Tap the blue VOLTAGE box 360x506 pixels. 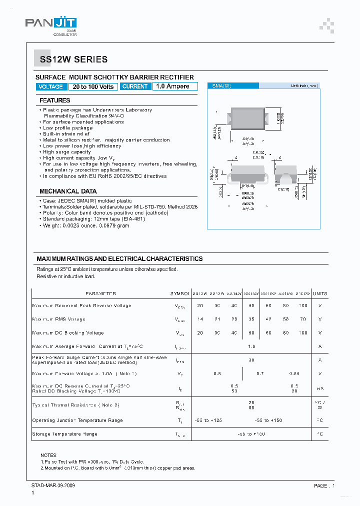50,86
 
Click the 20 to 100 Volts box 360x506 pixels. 93,86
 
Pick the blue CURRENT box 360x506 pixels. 135,86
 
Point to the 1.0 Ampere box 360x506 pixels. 172,86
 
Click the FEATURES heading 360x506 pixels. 55,100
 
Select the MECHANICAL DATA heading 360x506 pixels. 68,191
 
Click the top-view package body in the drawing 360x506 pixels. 248,120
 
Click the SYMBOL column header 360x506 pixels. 179,294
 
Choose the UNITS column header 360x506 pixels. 320,294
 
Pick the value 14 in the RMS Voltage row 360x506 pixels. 200,319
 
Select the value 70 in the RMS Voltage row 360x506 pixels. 302,319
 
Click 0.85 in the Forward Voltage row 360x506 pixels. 294,373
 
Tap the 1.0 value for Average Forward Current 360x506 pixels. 251,346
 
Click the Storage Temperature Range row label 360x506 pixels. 64,434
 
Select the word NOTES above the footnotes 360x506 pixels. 48,455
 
